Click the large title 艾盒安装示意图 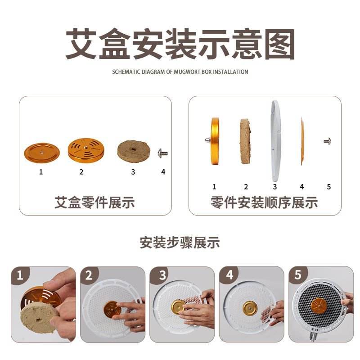tap(180, 44)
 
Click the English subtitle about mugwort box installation tap(180, 72)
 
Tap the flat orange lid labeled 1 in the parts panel tap(42, 153)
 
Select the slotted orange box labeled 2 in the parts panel tap(86, 150)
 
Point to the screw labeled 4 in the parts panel tap(163, 153)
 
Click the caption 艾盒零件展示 tap(94, 202)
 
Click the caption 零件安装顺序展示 tap(264, 202)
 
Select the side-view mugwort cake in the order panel tap(246, 141)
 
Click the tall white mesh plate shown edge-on tap(275, 141)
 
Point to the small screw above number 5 tap(328, 141)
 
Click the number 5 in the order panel tap(329, 187)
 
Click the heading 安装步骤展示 tap(180, 243)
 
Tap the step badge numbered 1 tap(20, 275)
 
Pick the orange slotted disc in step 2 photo tap(112, 310)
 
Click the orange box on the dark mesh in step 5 tap(319, 307)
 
